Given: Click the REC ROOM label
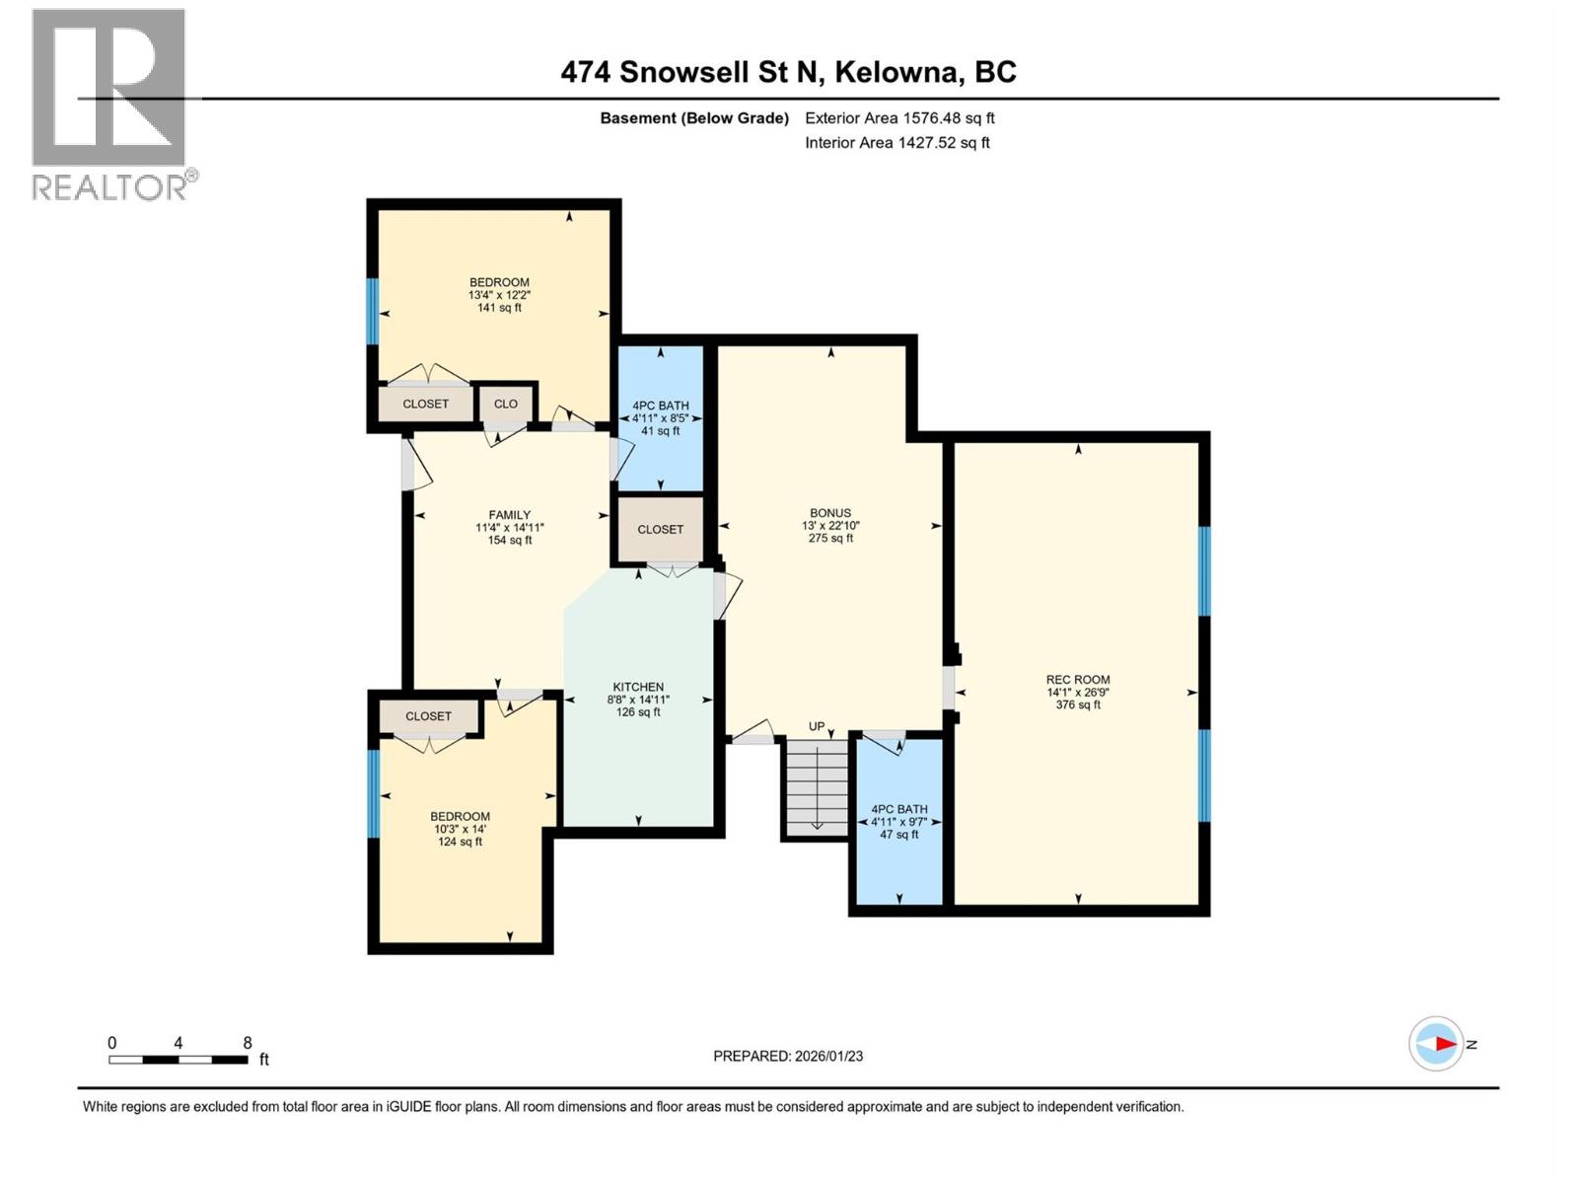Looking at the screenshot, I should pos(1078,679).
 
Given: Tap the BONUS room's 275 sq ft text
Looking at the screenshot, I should pos(830,538).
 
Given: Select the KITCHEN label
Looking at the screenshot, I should pos(638,687).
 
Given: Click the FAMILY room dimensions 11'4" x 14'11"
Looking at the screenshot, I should pos(510,528).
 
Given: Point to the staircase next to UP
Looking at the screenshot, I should pos(817,787).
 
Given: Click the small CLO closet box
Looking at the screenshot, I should pos(506,404).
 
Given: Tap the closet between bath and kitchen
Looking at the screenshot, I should pos(660,529).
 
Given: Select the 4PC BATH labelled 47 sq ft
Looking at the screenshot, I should pos(898,821).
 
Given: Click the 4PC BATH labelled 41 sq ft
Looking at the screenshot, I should pos(660,418).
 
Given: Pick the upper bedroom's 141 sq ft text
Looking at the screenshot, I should pos(499,308).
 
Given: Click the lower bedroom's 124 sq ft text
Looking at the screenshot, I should pos(460,842).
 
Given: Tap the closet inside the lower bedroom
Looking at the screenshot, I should pos(428,716).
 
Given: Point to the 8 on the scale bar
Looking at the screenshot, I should pos(248,1042).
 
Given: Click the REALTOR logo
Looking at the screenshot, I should pos(110,104).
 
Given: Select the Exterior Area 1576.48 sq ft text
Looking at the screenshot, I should pos(899,117).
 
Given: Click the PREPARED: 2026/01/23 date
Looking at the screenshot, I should pos(788,1056).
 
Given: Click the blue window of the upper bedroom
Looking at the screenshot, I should pos(373,311).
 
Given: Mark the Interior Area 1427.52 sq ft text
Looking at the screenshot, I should pos(897,142).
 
